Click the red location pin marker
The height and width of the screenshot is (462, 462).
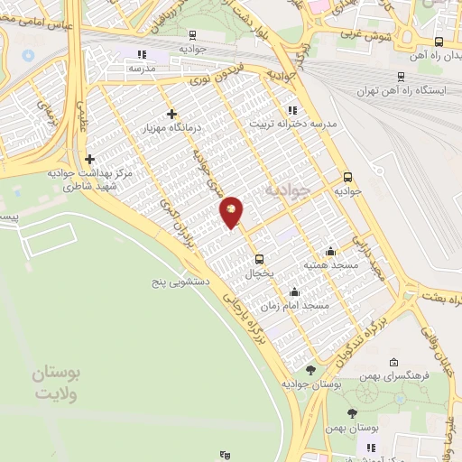pyautogui.click(x=232, y=212)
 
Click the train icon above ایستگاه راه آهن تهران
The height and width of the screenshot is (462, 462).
pyautogui.click(x=402, y=77)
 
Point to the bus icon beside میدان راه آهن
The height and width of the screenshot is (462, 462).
pyautogui.click(x=439, y=42)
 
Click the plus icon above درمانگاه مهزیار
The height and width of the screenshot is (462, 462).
pyautogui.click(x=171, y=114)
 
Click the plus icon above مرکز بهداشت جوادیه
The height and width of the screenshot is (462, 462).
pyautogui.click(x=89, y=159)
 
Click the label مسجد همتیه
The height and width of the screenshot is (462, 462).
pyautogui.click(x=330, y=265)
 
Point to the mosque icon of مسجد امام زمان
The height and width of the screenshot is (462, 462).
pyautogui.click(x=294, y=291)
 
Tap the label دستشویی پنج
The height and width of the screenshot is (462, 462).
pyautogui.click(x=180, y=282)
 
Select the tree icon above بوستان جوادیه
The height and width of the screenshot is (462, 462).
pyautogui.click(x=310, y=370)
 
